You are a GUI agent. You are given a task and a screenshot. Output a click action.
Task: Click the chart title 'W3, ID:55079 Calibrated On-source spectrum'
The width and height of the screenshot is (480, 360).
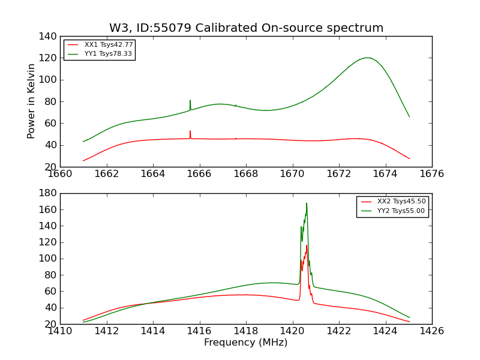[x=246, y=28]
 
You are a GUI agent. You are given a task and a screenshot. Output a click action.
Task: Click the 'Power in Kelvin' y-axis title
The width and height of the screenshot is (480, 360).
[x=32, y=101]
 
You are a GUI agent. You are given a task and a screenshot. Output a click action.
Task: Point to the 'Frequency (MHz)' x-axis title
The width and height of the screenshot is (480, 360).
[x=246, y=343]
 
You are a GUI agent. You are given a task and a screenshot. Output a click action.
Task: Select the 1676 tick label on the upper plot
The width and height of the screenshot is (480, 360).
[x=431, y=174]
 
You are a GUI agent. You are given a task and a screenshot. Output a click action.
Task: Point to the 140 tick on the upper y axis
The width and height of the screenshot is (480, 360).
[x=49, y=36]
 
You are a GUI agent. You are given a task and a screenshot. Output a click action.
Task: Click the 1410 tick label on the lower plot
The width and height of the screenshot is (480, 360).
[x=60, y=331]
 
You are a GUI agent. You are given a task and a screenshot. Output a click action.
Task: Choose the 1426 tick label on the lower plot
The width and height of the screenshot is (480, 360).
[x=431, y=331]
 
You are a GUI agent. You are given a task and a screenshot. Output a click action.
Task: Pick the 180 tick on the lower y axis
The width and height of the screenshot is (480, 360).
[x=49, y=193]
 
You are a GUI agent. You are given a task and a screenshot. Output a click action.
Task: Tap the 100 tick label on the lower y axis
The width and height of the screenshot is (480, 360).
[x=49, y=259]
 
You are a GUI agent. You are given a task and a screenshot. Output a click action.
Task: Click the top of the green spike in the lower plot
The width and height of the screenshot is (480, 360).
[x=306, y=203]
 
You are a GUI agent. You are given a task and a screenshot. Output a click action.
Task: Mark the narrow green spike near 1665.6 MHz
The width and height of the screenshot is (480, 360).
[x=190, y=101]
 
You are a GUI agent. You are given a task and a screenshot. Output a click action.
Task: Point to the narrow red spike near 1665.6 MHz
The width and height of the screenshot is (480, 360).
[x=190, y=131]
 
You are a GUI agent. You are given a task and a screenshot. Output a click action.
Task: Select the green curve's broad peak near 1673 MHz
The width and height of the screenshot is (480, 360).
[x=367, y=58]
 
